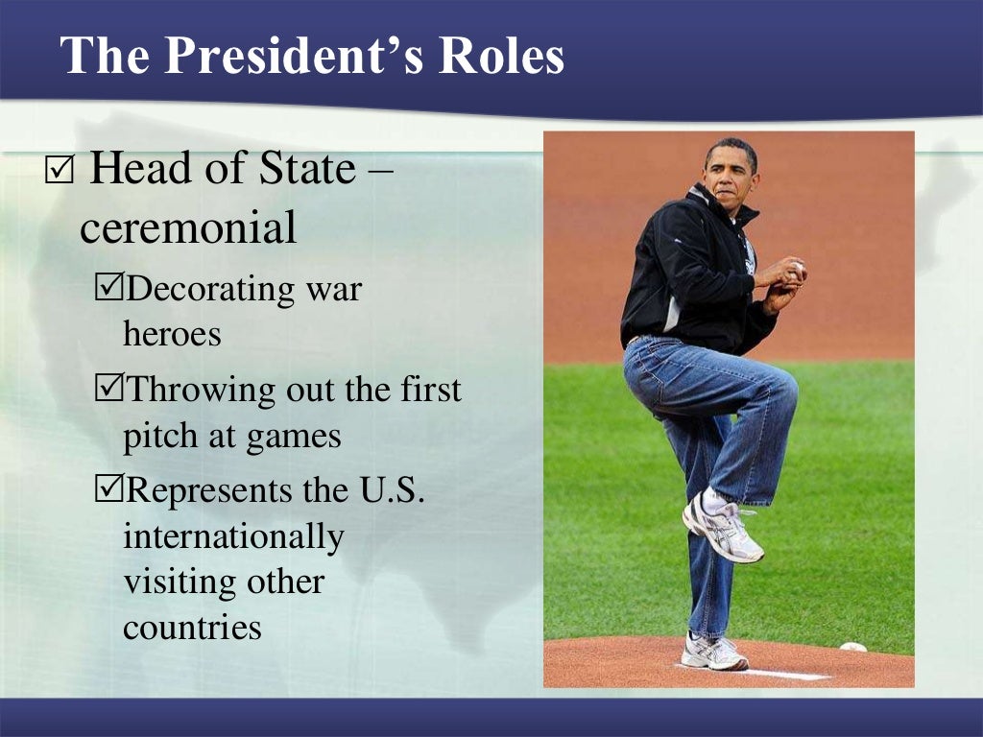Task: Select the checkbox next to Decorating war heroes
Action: coord(110,288)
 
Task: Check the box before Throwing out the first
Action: coord(110,390)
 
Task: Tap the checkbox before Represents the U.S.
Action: coord(110,490)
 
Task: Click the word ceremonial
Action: coord(188,228)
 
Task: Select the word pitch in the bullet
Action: coord(156,437)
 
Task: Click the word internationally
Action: coord(233,536)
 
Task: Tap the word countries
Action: coord(192,628)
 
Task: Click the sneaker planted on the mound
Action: coord(713,653)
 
